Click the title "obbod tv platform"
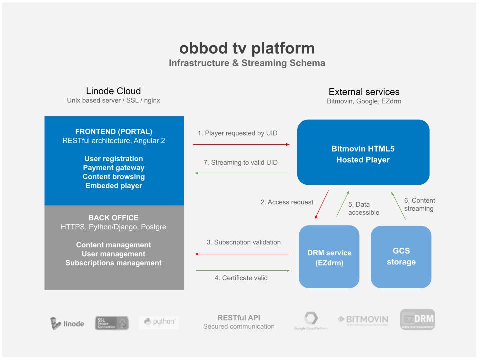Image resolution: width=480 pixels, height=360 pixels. coord(247,48)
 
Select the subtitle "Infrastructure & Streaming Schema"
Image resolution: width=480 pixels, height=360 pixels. coord(247,63)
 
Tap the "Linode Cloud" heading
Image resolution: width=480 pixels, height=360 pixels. coord(113,91)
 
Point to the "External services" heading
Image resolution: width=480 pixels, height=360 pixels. coord(364,92)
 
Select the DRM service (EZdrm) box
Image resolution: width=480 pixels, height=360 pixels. coord(329,257)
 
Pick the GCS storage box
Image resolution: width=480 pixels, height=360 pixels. coord(401,257)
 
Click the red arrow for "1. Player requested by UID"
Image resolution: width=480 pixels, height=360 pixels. coord(241,144)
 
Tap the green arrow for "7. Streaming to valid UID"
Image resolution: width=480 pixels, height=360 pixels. coord(241,173)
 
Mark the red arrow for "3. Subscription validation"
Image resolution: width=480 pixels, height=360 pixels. coord(242,254)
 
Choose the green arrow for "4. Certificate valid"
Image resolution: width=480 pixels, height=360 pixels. coord(242,270)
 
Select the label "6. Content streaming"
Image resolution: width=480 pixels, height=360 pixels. coord(419,204)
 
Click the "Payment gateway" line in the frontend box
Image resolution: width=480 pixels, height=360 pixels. coord(113,168)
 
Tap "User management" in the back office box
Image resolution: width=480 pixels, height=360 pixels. coord(113,254)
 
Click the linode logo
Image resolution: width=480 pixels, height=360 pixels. coord(68,323)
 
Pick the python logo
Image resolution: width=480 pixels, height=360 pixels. coord(159,322)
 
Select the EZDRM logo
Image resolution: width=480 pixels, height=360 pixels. coord(417,320)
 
